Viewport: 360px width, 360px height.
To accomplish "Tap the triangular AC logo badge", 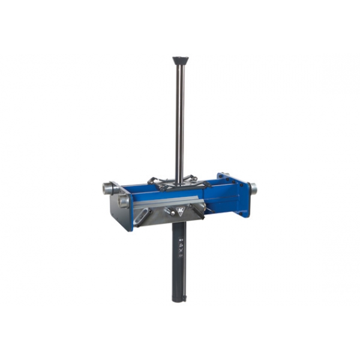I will pos(179,211).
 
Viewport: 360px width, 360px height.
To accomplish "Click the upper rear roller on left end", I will pos(106,188).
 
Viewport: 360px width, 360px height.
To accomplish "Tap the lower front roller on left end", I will pos(123,202).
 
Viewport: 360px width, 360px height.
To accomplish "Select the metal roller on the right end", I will pos(254,188).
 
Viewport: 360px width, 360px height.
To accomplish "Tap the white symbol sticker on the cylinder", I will pos(179,247).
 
